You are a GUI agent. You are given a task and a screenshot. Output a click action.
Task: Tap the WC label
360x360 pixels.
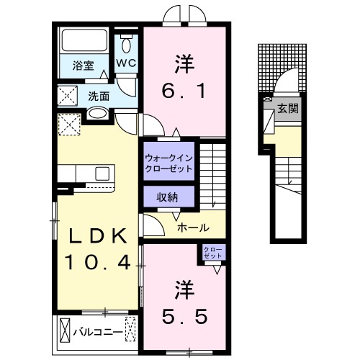127,63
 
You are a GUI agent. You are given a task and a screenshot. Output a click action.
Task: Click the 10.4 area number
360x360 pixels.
98,263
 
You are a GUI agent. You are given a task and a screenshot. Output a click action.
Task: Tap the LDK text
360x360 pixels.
98,236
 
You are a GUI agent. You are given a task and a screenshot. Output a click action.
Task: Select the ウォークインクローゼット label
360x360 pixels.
168,162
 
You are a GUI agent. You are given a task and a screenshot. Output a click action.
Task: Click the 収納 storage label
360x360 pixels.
168,197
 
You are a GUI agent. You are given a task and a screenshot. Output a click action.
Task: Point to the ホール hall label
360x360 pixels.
193,228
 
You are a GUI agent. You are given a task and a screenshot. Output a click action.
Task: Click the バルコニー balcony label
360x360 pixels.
97,333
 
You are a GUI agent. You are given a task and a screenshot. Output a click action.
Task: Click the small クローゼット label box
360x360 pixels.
213,253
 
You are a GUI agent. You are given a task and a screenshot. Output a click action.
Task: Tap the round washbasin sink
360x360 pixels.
98,113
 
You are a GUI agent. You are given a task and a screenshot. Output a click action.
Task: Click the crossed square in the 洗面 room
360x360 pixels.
69,95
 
